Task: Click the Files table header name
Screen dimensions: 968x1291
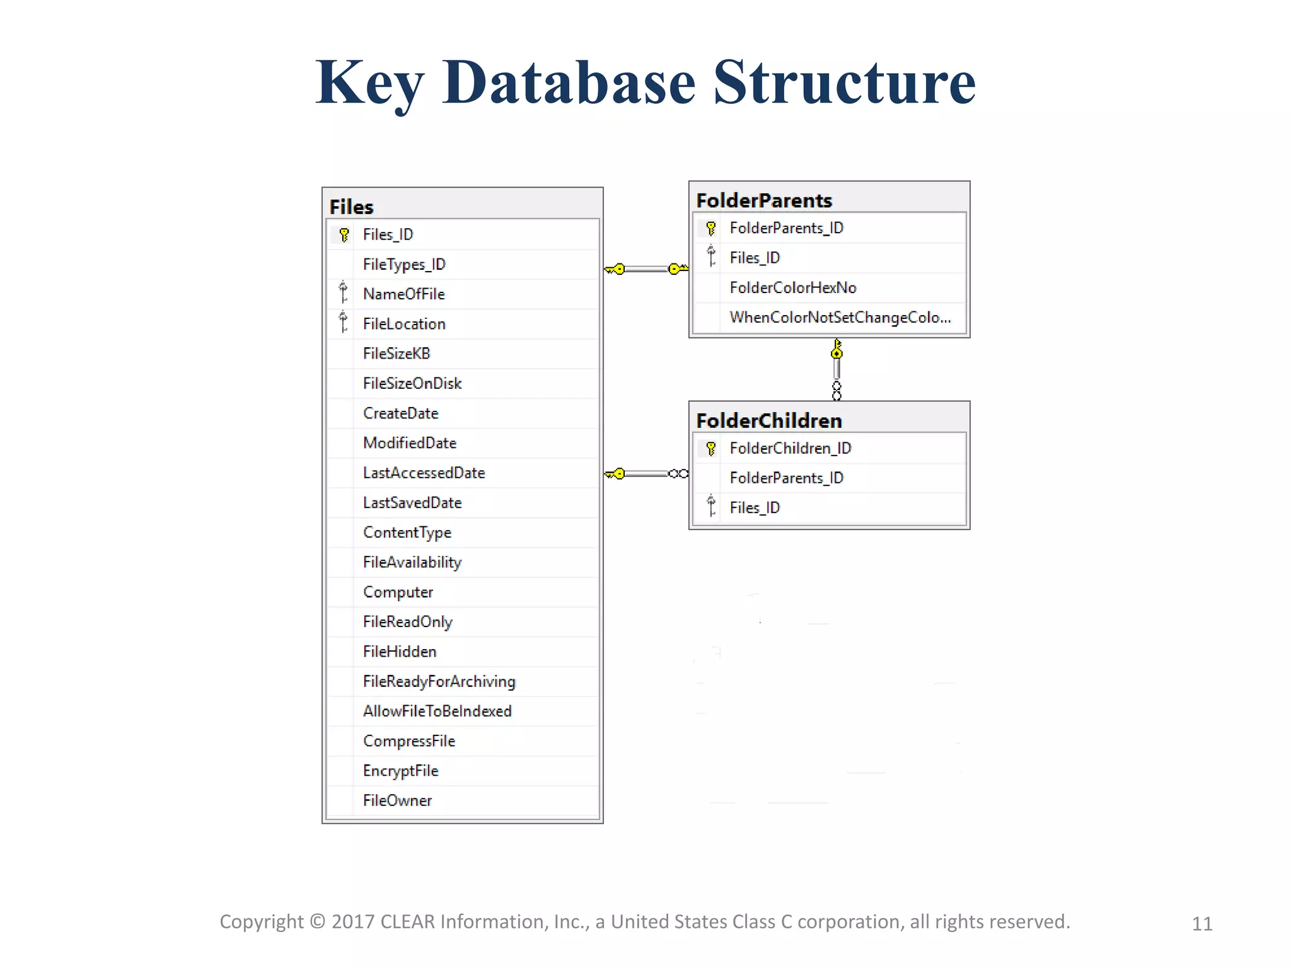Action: click(351, 207)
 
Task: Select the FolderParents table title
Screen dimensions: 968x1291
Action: click(764, 200)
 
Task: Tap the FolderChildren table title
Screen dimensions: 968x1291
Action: click(769, 420)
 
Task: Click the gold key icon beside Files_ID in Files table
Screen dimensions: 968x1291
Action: click(344, 235)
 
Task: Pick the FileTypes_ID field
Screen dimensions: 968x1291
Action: click(404, 265)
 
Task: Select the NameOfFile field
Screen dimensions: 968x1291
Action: click(403, 294)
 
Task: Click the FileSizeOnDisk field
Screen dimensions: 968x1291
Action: click(412, 383)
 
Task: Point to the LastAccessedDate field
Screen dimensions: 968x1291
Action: click(424, 473)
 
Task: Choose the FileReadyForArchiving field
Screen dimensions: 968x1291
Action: click(439, 681)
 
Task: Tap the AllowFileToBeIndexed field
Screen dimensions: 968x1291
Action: click(437, 711)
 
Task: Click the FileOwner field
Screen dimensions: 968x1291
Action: click(397, 800)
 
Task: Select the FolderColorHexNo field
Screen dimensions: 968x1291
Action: click(792, 288)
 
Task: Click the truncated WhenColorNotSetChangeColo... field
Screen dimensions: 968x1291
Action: click(840, 317)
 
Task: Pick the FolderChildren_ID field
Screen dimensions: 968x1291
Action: click(790, 448)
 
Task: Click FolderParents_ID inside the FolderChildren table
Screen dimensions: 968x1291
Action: click(786, 478)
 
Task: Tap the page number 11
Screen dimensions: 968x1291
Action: click(1201, 924)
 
